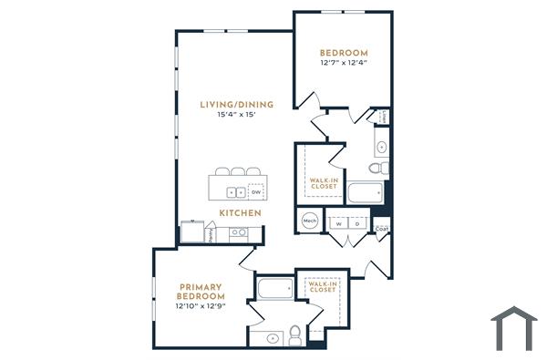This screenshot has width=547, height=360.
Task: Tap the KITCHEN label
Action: tap(240, 212)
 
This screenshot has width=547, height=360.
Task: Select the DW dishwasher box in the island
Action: tap(256, 192)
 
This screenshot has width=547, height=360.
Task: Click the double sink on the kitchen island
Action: tap(234, 192)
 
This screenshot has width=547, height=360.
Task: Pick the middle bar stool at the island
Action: tap(237, 171)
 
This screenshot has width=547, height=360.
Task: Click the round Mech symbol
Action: tap(309, 221)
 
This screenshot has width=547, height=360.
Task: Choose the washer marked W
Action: tap(338, 223)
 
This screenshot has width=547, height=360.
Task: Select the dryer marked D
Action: tap(357, 223)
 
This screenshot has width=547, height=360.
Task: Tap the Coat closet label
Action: tap(382, 229)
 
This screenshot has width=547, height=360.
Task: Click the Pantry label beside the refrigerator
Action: tap(210, 234)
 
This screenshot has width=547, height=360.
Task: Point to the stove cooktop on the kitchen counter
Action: tap(238, 233)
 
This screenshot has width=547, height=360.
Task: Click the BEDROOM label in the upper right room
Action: tap(344, 52)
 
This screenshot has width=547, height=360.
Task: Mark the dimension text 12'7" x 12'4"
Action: tap(344, 63)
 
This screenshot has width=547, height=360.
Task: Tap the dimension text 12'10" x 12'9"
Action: tap(201, 306)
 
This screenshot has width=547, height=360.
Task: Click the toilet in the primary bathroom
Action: tap(295, 336)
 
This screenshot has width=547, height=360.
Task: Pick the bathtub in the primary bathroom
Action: tap(274, 290)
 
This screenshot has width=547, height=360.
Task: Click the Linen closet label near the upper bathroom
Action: tap(383, 118)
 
